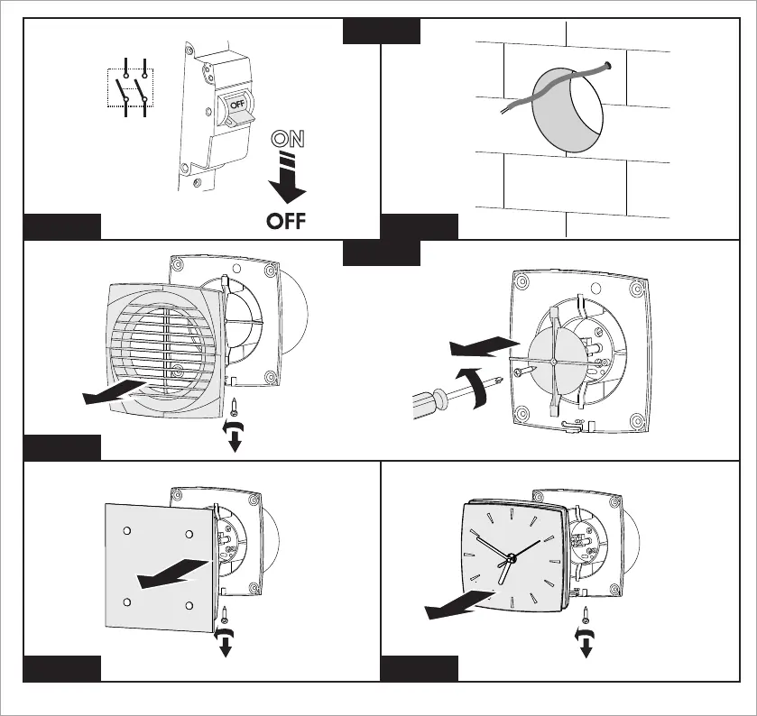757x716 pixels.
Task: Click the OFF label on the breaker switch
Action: point(237,104)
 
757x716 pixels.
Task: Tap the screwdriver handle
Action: point(431,396)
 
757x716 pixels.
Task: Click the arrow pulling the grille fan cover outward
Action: point(112,391)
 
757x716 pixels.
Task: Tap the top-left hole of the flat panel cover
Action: point(126,530)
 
